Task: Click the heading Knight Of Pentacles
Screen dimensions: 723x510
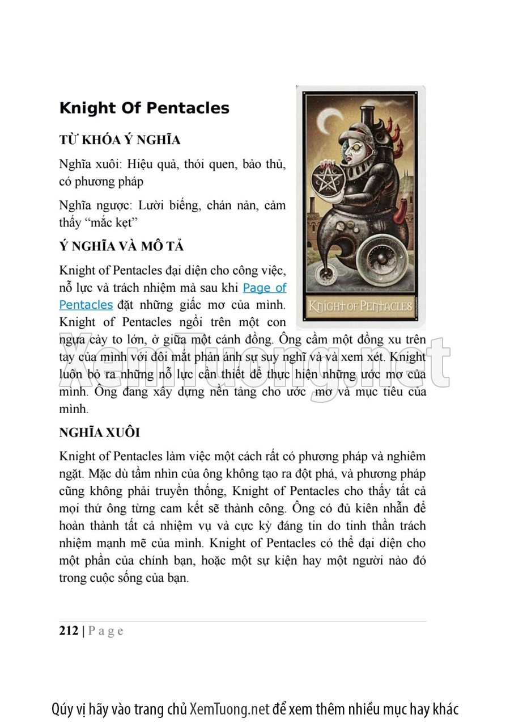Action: tap(144, 108)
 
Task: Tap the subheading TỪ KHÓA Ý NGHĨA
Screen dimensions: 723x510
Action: tap(120, 140)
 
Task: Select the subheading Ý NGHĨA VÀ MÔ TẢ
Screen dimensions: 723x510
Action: tap(121, 247)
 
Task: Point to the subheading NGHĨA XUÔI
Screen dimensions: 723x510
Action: tap(99, 432)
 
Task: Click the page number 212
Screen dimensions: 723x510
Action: tap(69, 631)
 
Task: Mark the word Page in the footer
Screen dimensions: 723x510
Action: tap(106, 631)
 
